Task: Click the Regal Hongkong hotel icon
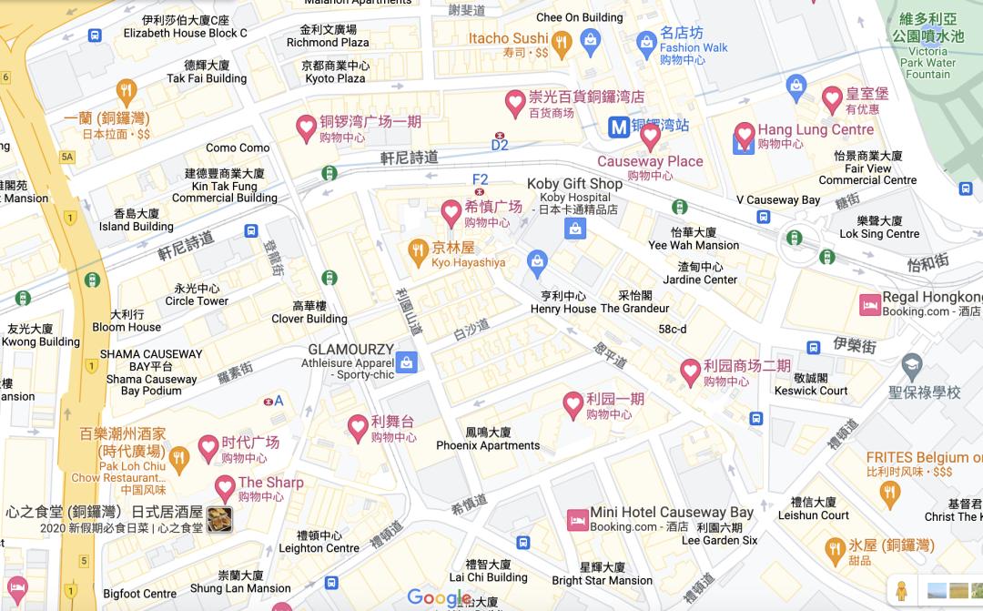[870, 304]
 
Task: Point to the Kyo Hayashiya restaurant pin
[418, 249]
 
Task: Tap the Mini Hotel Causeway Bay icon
[576, 520]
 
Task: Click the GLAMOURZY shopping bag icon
[407, 362]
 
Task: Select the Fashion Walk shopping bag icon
[646, 41]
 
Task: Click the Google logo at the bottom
[440, 598]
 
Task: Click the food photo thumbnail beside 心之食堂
[219, 519]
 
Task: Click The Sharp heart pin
[225, 487]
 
